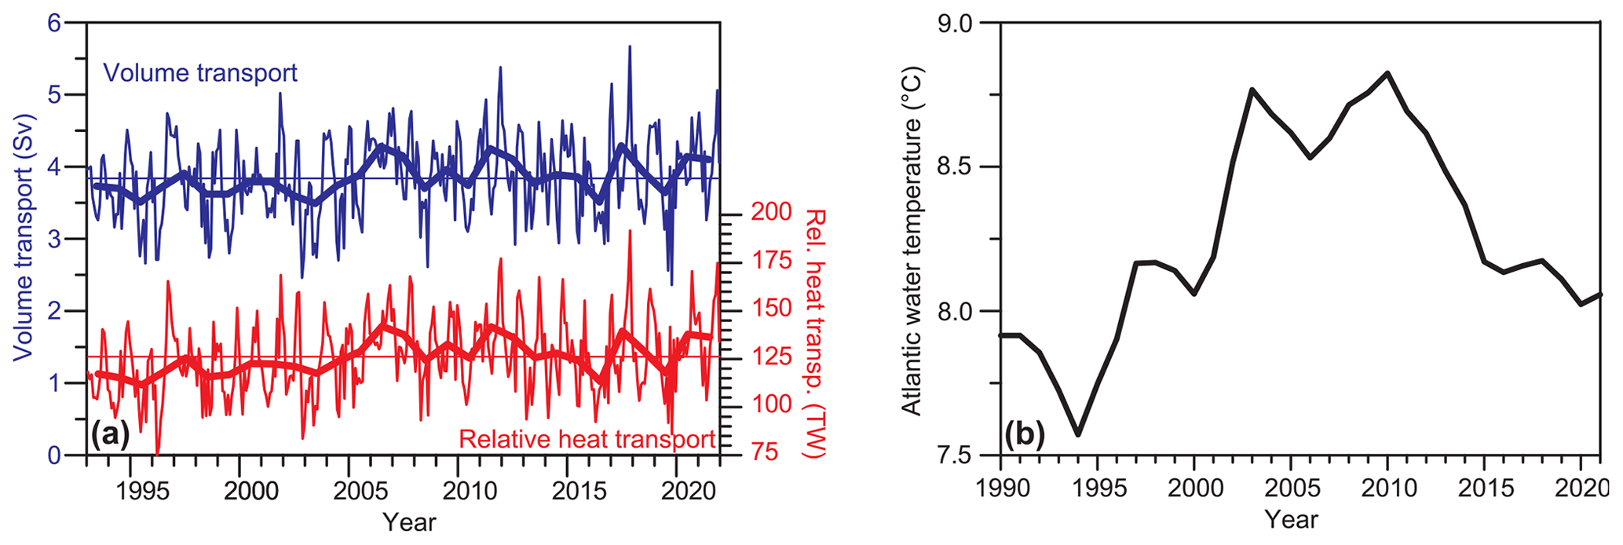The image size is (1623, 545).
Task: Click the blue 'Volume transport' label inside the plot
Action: (x=200, y=73)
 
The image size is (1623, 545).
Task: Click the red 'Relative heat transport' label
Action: (x=587, y=439)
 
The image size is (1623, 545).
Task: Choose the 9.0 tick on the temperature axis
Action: (x=954, y=24)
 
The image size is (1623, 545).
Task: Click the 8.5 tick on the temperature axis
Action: (x=954, y=167)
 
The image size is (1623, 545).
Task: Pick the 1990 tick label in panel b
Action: (x=1000, y=488)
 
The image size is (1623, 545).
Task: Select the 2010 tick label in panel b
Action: (x=1388, y=488)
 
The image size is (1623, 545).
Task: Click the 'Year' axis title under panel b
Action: (x=1291, y=519)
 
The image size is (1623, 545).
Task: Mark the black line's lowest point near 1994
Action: (x=1078, y=434)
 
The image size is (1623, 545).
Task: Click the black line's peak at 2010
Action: (x=1388, y=73)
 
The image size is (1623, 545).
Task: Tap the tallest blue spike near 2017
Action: (x=629, y=47)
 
